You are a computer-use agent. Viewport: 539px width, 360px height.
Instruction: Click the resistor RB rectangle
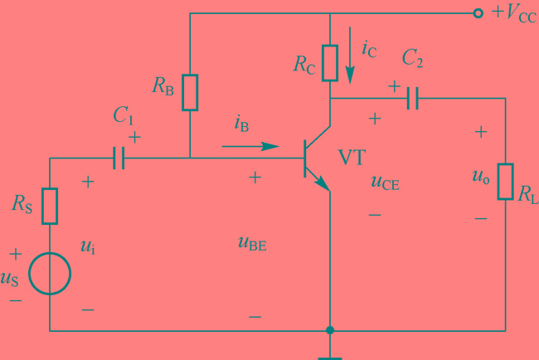[191, 91]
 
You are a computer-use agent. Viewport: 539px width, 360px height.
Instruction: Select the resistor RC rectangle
[330, 62]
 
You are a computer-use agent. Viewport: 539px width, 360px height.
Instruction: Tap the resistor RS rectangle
[50, 206]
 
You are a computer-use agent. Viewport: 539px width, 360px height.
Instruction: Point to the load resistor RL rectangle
[505, 182]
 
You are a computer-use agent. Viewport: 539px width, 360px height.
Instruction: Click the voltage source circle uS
[50, 274]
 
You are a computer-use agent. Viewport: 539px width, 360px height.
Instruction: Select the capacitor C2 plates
[412, 99]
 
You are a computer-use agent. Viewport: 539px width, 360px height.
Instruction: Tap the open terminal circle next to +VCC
[478, 13]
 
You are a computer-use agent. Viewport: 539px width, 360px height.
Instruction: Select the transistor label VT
[352, 158]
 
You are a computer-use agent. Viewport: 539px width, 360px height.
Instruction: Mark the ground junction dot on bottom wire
[330, 330]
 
